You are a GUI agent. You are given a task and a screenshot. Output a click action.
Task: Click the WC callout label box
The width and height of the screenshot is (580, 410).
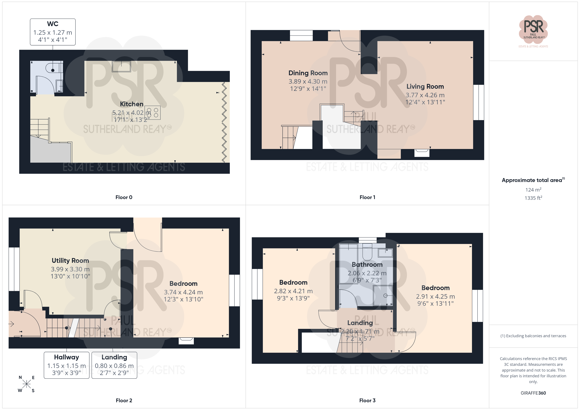(53, 32)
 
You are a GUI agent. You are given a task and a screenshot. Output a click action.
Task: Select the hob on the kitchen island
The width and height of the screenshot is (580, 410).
(153, 113)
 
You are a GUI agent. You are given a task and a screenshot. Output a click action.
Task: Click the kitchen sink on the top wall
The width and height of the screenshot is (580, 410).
(121, 66)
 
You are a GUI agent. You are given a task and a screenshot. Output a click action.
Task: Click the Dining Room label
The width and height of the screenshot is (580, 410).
(308, 73)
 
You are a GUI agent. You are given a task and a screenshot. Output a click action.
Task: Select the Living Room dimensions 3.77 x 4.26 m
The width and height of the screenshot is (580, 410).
(425, 95)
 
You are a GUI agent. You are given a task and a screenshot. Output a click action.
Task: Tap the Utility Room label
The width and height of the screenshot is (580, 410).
(70, 261)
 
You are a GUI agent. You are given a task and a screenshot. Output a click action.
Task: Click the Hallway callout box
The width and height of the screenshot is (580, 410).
(67, 365)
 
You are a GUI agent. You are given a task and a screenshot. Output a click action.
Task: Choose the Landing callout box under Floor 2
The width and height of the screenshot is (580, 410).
(114, 365)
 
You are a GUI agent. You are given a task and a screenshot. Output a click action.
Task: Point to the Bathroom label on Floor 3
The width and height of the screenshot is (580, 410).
(367, 265)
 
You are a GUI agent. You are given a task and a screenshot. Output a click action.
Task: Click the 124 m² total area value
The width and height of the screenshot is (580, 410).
(533, 190)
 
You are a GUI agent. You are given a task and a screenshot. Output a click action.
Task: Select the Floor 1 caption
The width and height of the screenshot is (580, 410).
(367, 197)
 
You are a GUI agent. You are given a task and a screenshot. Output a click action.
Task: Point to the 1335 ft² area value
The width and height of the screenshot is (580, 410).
(533, 198)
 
